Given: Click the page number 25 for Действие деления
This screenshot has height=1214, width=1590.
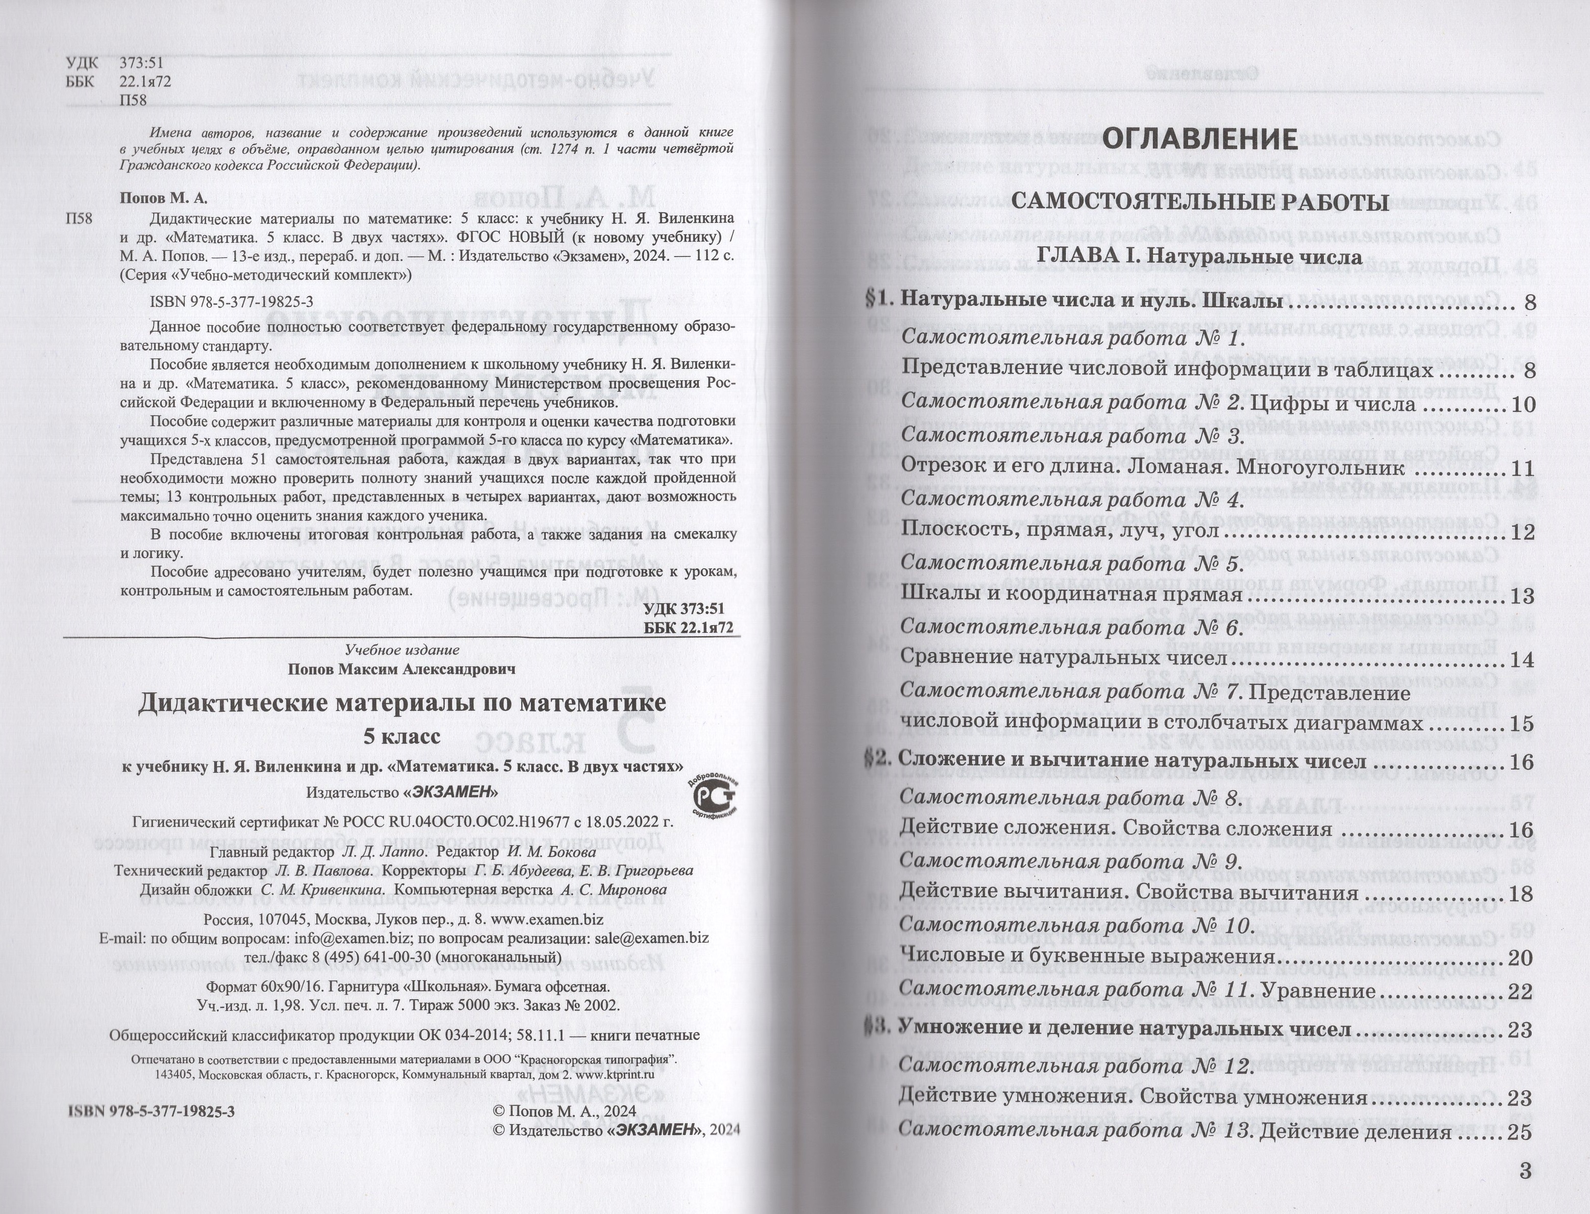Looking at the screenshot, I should (x=1519, y=1132).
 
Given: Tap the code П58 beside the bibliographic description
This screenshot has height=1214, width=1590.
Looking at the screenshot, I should (x=79, y=219).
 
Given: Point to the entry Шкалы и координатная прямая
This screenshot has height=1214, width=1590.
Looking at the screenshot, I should (x=1071, y=596).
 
